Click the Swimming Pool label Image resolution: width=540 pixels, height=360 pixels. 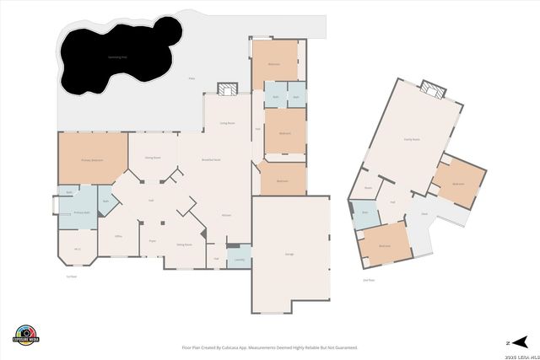(x=118, y=57)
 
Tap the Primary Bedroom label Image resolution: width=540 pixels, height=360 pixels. (x=91, y=159)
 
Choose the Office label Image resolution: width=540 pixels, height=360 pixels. (x=119, y=236)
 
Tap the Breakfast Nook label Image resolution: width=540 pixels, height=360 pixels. (x=211, y=159)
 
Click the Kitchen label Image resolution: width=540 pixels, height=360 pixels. (x=226, y=216)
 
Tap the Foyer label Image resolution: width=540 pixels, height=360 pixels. (x=153, y=241)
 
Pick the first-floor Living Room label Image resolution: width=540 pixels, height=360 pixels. (x=227, y=123)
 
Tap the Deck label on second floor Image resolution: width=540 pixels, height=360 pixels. (x=424, y=214)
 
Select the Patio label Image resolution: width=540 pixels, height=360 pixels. (x=192, y=78)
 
